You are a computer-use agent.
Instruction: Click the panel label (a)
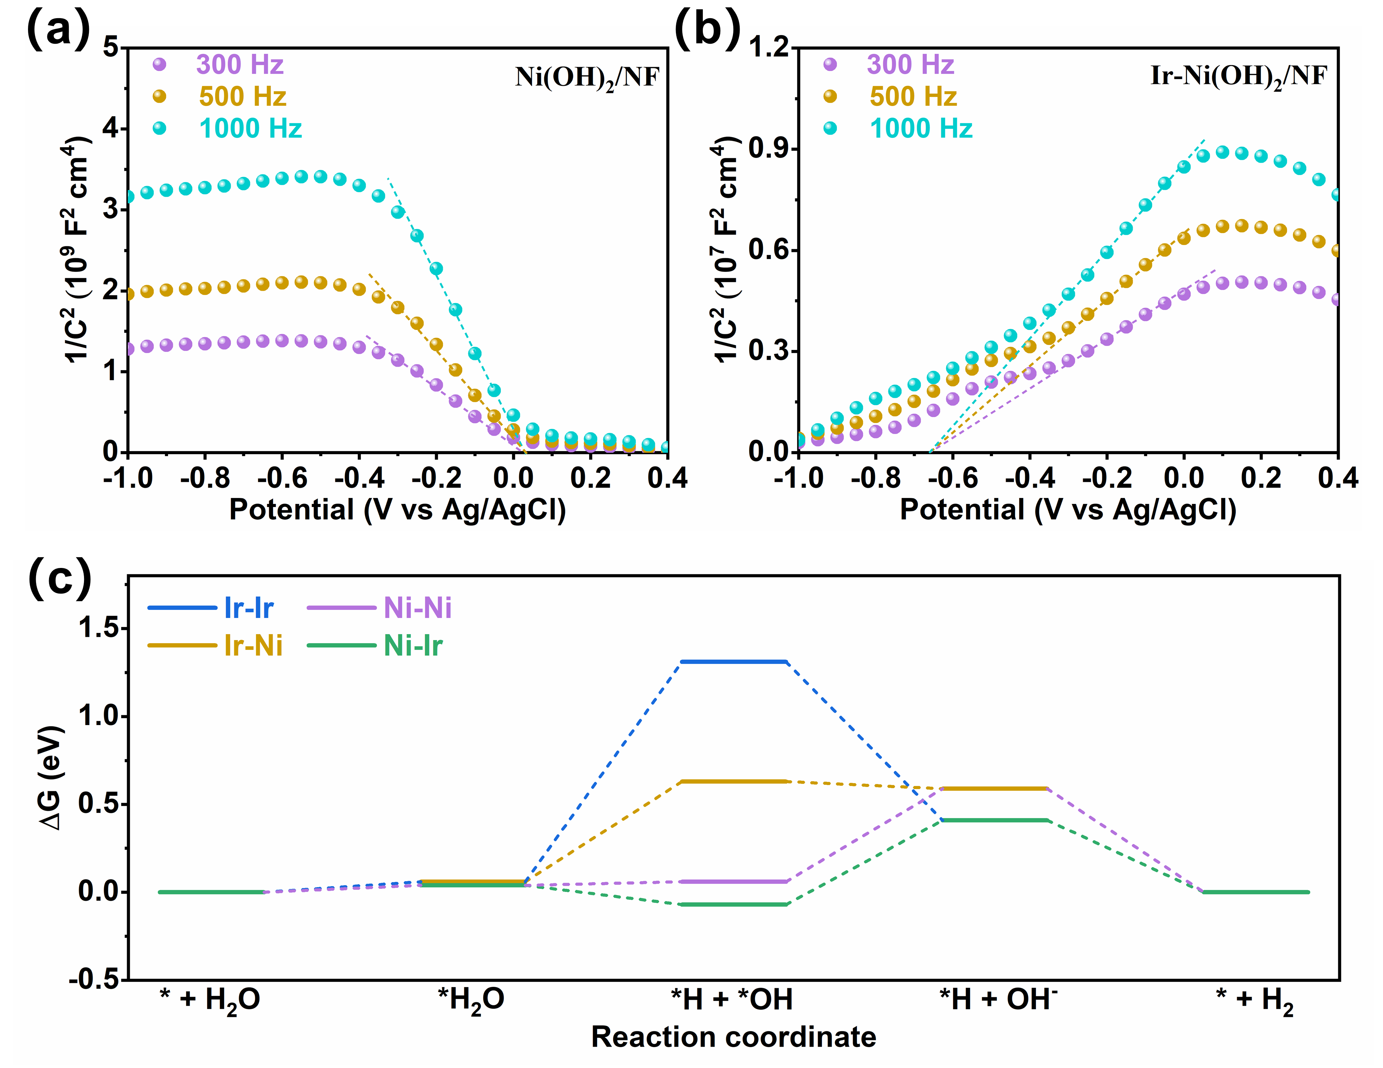click(x=58, y=30)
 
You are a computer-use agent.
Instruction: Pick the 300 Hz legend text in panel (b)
click(x=910, y=65)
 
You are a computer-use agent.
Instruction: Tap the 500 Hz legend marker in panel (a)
click(x=160, y=96)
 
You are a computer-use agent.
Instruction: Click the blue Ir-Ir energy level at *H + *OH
click(x=733, y=662)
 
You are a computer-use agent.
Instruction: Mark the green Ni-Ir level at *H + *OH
click(x=733, y=904)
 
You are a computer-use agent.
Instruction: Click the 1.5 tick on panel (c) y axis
click(x=98, y=628)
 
